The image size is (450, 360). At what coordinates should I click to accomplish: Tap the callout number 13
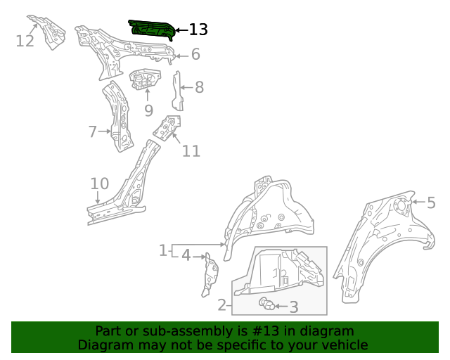pyautogui.click(x=198, y=30)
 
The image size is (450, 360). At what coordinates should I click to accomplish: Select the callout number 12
pyautogui.click(x=25, y=41)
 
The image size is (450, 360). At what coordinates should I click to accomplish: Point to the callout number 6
pyautogui.click(x=195, y=54)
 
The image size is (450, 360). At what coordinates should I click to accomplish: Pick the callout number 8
pyautogui.click(x=199, y=87)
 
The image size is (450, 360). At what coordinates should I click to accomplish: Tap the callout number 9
pyautogui.click(x=148, y=110)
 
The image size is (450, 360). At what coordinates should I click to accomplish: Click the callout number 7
pyautogui.click(x=92, y=131)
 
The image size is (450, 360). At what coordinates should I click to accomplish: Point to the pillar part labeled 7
pyautogui.click(x=119, y=116)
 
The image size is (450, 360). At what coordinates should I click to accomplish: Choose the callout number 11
pyautogui.click(x=191, y=151)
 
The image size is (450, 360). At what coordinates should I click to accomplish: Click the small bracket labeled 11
pyautogui.click(x=167, y=128)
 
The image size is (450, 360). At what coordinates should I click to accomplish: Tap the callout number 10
pyautogui.click(x=99, y=184)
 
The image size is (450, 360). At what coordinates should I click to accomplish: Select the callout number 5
pyautogui.click(x=431, y=202)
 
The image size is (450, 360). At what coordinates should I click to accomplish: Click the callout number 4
pyautogui.click(x=186, y=255)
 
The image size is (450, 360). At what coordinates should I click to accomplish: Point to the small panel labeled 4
pyautogui.click(x=210, y=275)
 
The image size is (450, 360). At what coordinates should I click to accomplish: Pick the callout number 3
pyautogui.click(x=294, y=307)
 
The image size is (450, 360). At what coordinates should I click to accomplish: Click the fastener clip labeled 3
pyautogui.click(x=266, y=304)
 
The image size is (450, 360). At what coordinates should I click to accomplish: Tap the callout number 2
pyautogui.click(x=222, y=305)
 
